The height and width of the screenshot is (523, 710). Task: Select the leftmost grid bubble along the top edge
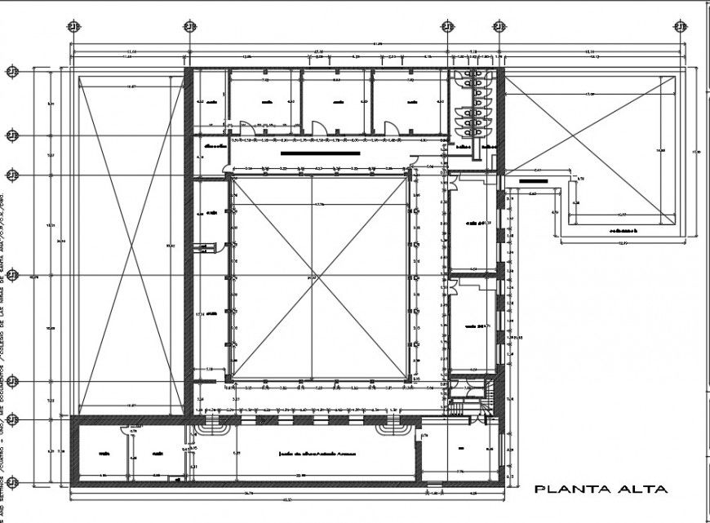pyautogui.click(x=74, y=25)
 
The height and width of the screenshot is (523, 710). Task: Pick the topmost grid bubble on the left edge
pyautogui.click(x=12, y=72)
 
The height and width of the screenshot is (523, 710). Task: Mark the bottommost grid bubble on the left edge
pyautogui.click(x=12, y=479)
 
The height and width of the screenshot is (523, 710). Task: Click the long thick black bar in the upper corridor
pyautogui.click(x=320, y=152)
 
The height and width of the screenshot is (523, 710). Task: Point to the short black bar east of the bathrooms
pyautogui.click(x=535, y=181)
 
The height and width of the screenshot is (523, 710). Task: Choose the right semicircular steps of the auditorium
pyautogui.click(x=388, y=427)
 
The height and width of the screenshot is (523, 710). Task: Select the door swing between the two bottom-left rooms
pyautogui.click(x=126, y=432)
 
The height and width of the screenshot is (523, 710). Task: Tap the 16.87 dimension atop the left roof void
pyautogui.click(x=131, y=86)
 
